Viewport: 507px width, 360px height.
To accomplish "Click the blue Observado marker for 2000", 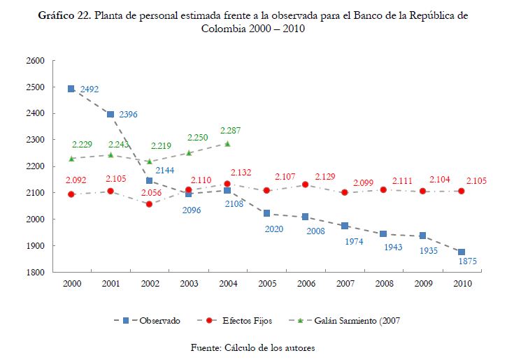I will tap(71, 89).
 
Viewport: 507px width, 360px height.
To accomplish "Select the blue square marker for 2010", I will tap(462, 252).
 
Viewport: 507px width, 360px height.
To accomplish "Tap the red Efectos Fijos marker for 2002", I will tap(149, 204).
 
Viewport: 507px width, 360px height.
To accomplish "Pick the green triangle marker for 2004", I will tap(227, 144).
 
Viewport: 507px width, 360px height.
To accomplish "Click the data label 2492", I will tap(90, 89).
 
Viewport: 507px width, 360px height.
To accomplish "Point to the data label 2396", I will tap(129, 114).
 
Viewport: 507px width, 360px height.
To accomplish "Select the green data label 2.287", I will tap(231, 130).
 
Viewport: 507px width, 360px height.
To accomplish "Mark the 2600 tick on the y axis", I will tap(35, 61).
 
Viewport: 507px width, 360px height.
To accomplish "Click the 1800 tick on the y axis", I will tap(35, 272).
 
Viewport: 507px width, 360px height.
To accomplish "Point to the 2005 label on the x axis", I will tap(266, 284).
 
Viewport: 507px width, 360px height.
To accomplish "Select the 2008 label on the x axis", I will tap(383, 284).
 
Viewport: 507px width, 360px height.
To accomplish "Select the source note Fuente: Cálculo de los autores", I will tap(254, 347).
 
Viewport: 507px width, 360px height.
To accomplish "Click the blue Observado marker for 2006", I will tap(306, 217).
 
